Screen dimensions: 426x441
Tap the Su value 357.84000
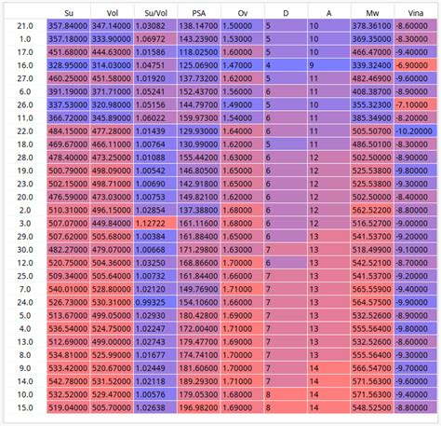coord(67,26)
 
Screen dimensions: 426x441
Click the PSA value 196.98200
coord(198,407)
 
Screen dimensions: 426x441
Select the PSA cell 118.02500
coord(198,53)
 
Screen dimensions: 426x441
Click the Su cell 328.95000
coord(67,66)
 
